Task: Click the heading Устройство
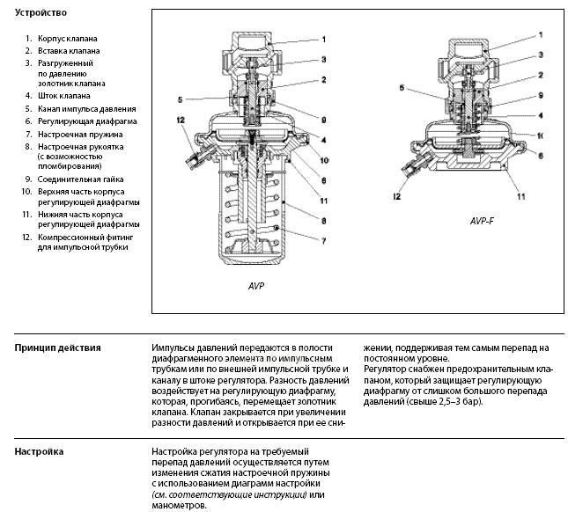(x=41, y=14)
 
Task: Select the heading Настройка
(x=39, y=451)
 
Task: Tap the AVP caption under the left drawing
(x=256, y=287)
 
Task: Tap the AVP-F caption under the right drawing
(x=482, y=222)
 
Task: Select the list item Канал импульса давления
(x=86, y=108)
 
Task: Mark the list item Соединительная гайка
(x=80, y=179)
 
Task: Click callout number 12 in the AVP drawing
(x=179, y=120)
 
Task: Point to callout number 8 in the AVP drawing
(x=323, y=222)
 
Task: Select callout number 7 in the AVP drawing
(x=323, y=239)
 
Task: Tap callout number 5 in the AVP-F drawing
(x=401, y=89)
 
